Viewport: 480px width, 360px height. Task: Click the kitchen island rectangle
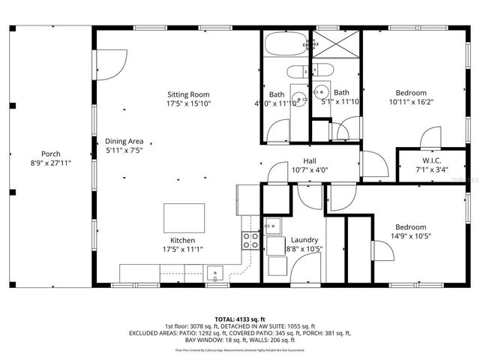tap(184, 217)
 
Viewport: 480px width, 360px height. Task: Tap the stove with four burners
tap(250, 240)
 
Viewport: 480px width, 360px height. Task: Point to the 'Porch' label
tap(50, 154)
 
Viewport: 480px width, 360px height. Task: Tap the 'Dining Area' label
tap(124, 141)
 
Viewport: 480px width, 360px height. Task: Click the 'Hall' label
tap(309, 160)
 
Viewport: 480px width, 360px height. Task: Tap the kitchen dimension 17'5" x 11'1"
tap(182, 249)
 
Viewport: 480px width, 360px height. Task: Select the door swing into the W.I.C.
tap(431, 139)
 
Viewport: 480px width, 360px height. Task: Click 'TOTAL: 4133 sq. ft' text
tap(240, 318)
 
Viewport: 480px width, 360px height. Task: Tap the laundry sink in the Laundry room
tap(272, 226)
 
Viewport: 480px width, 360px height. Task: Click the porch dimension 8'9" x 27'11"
tap(50, 162)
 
